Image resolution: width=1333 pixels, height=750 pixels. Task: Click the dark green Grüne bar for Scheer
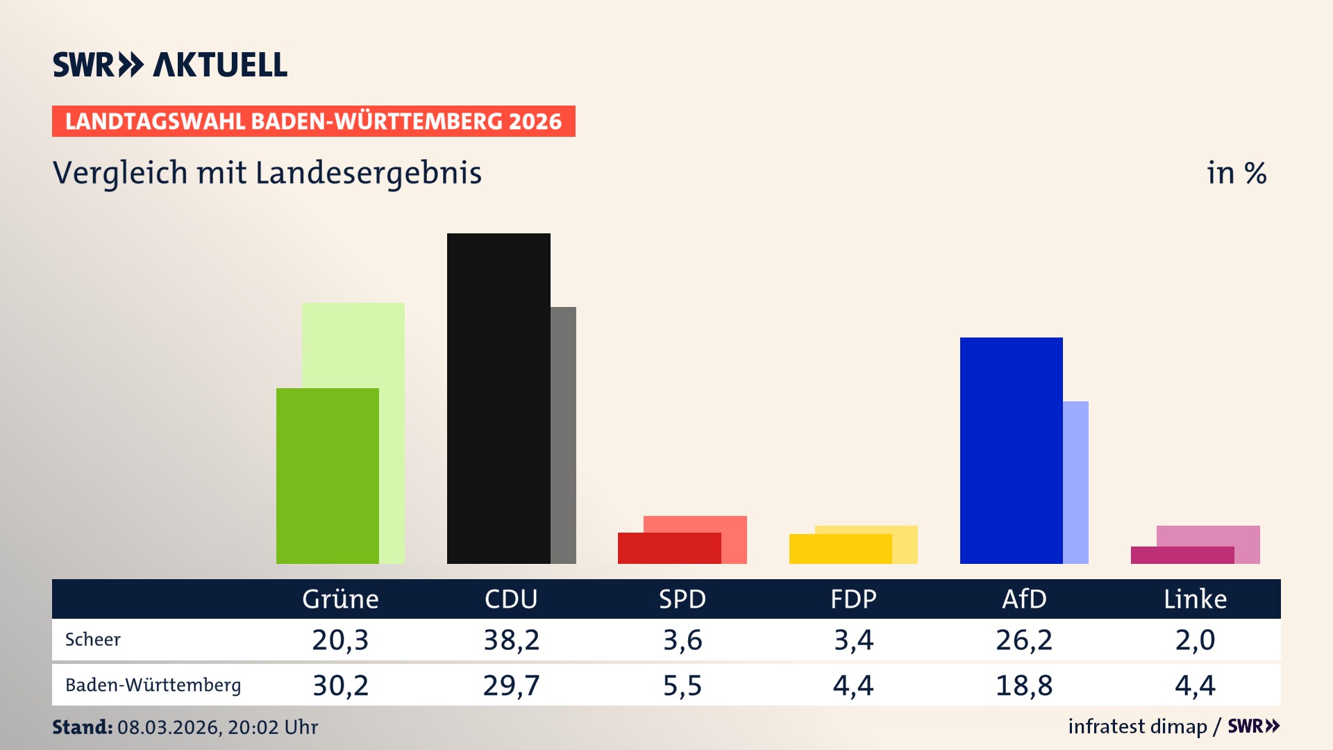tap(327, 476)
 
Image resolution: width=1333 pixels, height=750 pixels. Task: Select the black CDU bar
tap(498, 398)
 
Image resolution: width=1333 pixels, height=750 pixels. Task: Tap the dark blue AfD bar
tap(1011, 450)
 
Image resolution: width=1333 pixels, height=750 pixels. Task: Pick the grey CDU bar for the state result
tap(563, 435)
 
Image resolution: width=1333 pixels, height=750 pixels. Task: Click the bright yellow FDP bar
tap(840, 549)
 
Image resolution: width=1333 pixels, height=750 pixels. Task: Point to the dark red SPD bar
tap(669, 548)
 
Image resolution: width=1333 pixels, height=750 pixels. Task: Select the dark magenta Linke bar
tap(1182, 555)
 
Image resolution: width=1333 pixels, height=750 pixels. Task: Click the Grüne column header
tap(340, 599)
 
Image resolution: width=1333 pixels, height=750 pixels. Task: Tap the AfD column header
tap(1024, 599)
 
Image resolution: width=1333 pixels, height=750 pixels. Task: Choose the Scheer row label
tap(93, 640)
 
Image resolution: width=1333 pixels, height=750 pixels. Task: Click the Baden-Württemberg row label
tap(153, 685)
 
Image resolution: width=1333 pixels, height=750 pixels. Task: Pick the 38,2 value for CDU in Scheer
tap(511, 640)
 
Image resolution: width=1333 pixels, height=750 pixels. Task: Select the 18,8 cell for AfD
tap(1024, 685)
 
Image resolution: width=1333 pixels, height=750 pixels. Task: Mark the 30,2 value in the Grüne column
tap(340, 685)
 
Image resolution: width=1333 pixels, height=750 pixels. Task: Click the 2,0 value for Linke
tap(1195, 640)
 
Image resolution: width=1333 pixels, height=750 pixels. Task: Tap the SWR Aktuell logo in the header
tap(170, 65)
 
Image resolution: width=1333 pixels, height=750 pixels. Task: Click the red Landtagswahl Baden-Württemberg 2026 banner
tap(313, 122)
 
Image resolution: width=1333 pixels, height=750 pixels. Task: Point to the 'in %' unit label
tap(1236, 173)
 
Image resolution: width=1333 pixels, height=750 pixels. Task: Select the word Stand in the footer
tap(82, 727)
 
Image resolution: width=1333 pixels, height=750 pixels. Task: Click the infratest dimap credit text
tap(1137, 726)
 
